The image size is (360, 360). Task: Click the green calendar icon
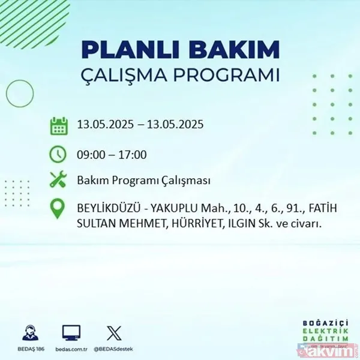[x=58, y=126]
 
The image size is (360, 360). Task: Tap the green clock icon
[x=58, y=154]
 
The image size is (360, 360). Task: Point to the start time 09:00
[x=91, y=154]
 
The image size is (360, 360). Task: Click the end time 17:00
[x=133, y=154]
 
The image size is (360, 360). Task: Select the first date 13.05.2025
[x=106, y=125]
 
